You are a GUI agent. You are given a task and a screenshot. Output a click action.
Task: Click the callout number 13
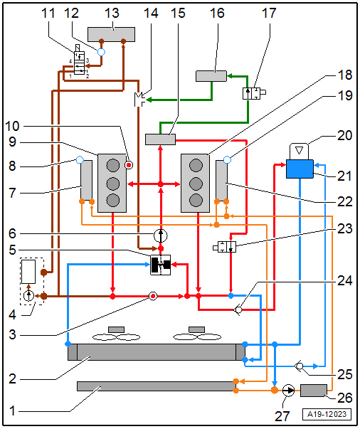tap(112, 13)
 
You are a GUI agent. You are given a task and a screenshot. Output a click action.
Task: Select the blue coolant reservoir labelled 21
tap(300, 169)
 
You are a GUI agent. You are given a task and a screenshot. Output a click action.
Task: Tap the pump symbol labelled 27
tap(288, 390)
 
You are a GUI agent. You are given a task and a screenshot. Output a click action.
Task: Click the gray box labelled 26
tap(314, 391)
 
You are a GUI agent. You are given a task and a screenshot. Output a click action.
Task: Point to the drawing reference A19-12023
tap(327, 414)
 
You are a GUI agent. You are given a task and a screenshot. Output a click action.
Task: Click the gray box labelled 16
tap(211, 76)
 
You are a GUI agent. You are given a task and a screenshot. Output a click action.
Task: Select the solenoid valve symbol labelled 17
tap(254, 94)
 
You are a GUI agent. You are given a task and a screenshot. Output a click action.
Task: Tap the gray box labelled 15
tap(160, 139)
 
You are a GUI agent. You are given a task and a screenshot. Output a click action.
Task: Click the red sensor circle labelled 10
tap(129, 165)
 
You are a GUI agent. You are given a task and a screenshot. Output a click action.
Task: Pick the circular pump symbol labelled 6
tap(161, 235)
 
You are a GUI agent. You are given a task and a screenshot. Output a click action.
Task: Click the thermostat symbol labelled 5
tap(161, 265)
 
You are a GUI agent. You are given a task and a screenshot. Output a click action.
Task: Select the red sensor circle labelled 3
tap(153, 296)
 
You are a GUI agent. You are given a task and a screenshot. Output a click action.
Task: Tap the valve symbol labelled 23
tap(225, 247)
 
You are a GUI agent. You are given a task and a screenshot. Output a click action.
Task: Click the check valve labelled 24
tap(238, 309)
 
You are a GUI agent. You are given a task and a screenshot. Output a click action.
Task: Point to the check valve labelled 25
tap(299, 366)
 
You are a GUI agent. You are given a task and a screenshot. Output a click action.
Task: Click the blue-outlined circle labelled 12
tap(101, 52)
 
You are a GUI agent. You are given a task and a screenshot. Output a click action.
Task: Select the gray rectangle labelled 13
tap(111, 34)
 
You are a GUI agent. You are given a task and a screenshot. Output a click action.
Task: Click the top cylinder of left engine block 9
tap(112, 165)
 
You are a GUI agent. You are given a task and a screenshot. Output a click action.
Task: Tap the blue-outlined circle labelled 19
tap(227, 160)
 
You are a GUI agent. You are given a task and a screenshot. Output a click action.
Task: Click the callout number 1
tap(12, 411)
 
